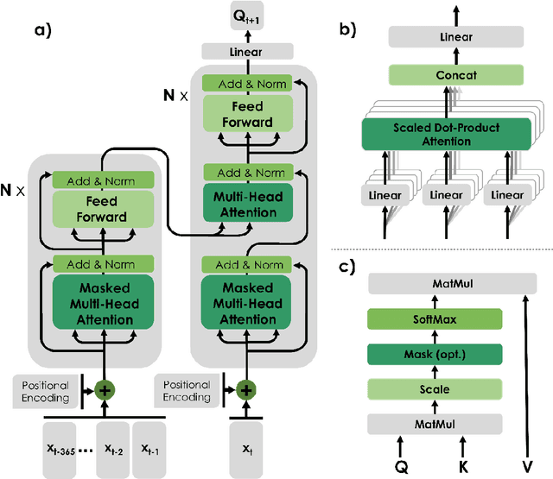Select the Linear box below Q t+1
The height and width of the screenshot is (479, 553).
[x=245, y=53]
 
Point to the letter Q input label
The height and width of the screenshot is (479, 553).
[x=399, y=466]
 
